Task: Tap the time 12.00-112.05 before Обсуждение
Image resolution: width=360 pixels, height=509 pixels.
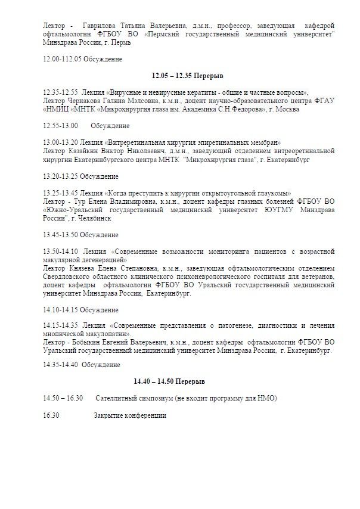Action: click(63, 59)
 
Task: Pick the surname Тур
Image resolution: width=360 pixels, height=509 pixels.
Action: click(79, 201)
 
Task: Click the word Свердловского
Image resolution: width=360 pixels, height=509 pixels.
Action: click(69, 277)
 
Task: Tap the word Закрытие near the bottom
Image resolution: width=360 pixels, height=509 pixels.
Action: click(108, 415)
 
